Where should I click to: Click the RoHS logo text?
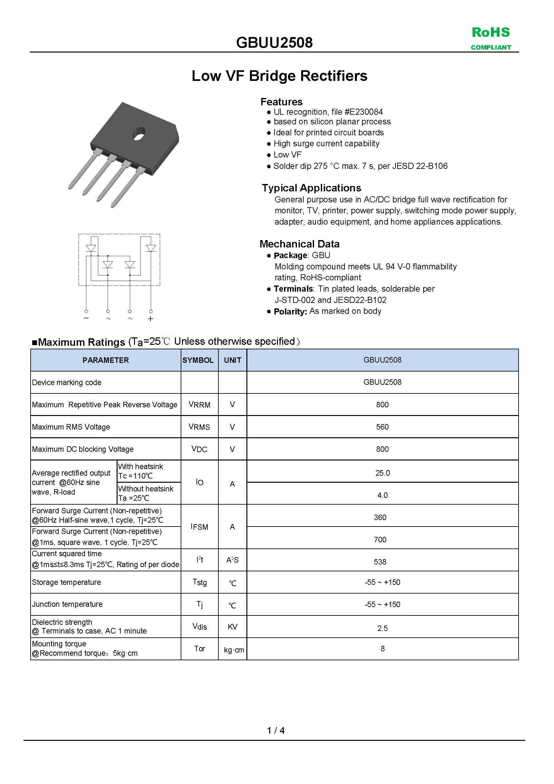tap(491, 33)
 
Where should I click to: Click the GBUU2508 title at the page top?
tap(274, 43)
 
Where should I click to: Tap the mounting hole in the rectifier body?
tap(138, 133)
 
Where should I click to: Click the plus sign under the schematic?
tap(150, 319)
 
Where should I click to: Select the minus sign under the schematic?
tap(86, 318)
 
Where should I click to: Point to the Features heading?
tap(281, 102)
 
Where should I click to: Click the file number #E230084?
tap(364, 112)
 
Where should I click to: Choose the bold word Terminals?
tap(293, 289)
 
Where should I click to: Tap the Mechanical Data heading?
tap(299, 244)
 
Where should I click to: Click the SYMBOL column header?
tap(198, 360)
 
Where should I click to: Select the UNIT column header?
tap(233, 360)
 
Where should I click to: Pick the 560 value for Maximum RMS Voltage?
tap(382, 427)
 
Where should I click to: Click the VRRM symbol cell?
tap(199, 405)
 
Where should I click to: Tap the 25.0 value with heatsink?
tap(382, 473)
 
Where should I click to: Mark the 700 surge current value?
tap(380, 539)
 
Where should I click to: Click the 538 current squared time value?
tap(380, 562)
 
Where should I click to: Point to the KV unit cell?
tap(233, 626)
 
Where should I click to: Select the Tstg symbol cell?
tap(200, 582)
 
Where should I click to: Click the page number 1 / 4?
tap(276, 731)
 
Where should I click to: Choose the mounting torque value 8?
tap(383, 648)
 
